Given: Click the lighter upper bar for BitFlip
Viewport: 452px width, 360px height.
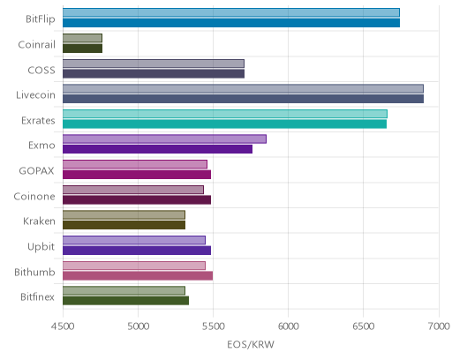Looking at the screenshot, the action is (231, 12).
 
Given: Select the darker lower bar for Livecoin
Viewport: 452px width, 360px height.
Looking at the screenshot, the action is (243, 99).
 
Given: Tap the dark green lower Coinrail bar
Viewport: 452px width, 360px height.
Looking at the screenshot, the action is (82, 49).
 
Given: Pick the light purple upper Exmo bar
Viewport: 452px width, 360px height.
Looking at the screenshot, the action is (164, 139).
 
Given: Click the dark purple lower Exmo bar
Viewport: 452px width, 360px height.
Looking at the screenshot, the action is (157, 149).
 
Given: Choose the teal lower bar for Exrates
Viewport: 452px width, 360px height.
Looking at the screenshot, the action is (224, 124).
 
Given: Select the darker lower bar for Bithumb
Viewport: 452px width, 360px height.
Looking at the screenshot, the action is (138, 276).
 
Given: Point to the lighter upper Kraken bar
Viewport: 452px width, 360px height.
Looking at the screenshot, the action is (124, 215).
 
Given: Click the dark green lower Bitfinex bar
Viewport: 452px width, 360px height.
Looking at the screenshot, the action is (125, 301).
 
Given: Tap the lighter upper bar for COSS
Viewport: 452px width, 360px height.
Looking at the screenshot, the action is (154, 64).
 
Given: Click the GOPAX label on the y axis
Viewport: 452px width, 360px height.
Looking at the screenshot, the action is (36, 171).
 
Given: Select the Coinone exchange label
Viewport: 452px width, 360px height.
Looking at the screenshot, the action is (34, 196).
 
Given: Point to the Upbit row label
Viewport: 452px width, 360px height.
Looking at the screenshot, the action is (41, 247).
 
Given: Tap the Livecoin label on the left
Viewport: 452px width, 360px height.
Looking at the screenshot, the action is (35, 95).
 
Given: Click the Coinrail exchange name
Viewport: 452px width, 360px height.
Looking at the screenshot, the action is (36, 45).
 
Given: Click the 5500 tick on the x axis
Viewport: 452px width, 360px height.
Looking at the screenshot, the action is (213, 326).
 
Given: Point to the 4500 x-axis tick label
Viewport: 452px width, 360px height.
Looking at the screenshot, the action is (63, 326).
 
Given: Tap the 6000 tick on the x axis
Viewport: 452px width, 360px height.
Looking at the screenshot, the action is (288, 326).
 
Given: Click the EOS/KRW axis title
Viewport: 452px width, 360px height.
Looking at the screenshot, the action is (251, 344).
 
